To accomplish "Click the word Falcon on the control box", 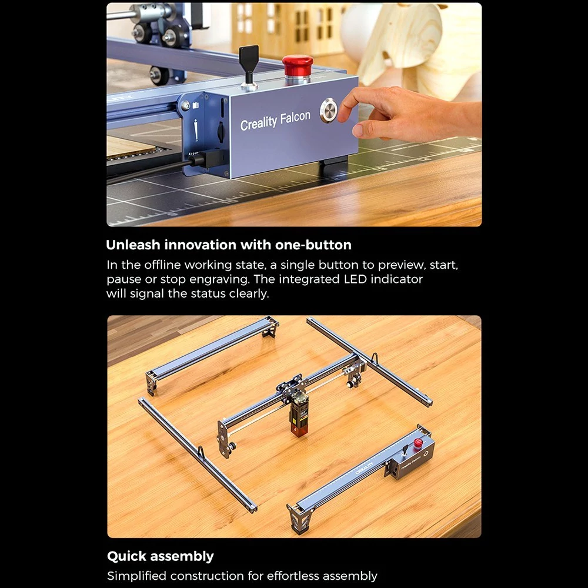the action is [295, 118].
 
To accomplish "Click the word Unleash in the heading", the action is [133, 245].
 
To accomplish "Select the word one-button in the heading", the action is [313, 245].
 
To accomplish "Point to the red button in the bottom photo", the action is [418, 443].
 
